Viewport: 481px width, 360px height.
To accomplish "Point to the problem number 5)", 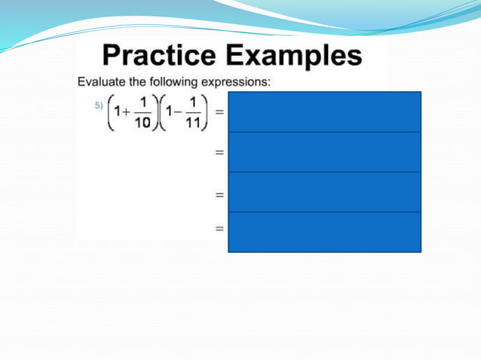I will coord(98,105).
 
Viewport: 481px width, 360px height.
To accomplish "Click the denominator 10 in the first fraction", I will coord(142,124).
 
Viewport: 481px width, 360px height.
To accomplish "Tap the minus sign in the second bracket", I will coord(176,113).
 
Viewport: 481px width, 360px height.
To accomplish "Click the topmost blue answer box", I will coord(324,111).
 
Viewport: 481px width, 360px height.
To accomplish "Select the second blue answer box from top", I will coord(324,151).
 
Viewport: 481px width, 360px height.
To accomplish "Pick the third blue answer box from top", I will coord(324,192).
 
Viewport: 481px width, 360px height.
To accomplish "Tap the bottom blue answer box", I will coord(324,232).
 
